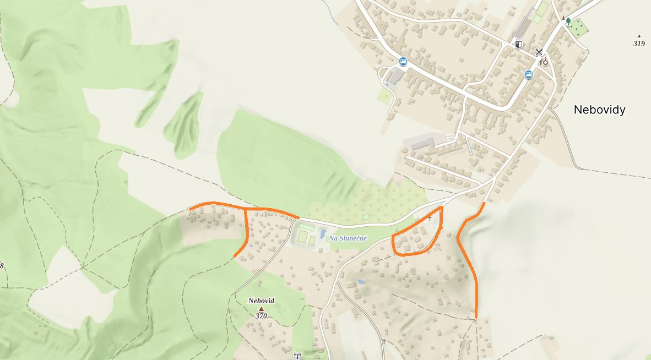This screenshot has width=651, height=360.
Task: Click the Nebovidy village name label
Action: click(599, 110)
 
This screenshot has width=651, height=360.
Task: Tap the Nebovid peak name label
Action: click(261, 301)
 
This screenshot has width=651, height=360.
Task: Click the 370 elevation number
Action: click(261, 316)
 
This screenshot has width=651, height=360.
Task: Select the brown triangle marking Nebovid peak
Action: click(261, 309)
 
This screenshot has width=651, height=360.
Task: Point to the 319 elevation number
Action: click(639, 43)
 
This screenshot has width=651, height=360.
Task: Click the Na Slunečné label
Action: click(348, 238)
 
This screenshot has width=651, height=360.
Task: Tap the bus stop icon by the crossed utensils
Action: click(529, 75)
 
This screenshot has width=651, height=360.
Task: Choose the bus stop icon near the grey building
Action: click(403, 61)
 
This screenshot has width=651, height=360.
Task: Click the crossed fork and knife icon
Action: click(539, 52)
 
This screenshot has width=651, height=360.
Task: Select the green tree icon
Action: click(568, 21)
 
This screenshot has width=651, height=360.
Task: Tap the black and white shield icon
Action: click(518, 45)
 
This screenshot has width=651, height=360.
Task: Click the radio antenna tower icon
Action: click(297, 356)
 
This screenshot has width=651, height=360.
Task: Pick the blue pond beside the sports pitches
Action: click(322, 234)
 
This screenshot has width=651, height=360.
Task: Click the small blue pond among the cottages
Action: click(361, 281)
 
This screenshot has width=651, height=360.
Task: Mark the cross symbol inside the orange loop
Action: click(430, 219)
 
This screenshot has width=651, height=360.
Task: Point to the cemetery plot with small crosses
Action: click(578, 29)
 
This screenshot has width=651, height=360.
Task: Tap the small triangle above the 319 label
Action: click(639, 36)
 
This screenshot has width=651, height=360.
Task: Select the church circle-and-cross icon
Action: click(545, 61)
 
